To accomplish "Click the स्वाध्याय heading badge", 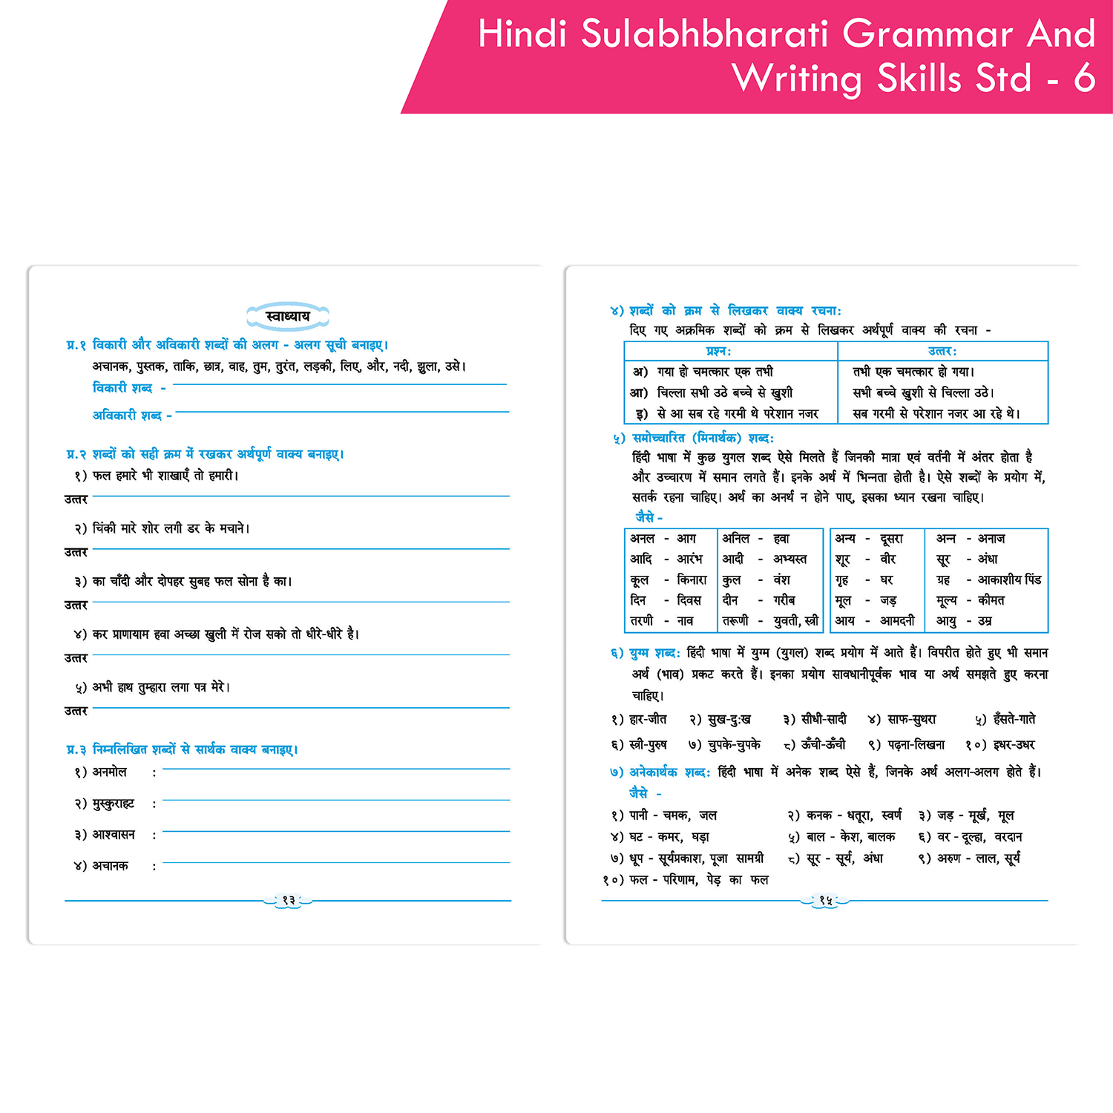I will pyautogui.click(x=288, y=316).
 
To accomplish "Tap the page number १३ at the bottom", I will pyautogui.click(x=288, y=901).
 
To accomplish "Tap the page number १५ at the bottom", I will pyautogui.click(x=825, y=901).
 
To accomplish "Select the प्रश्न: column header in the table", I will pyautogui.click(x=718, y=351).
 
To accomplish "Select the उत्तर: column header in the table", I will pyautogui.click(x=942, y=351).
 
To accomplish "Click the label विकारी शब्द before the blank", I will pyautogui.click(x=122, y=388).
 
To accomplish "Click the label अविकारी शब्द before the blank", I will pyautogui.click(x=127, y=416).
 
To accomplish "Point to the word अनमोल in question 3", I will pyautogui.click(x=109, y=772).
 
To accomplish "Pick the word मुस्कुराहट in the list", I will pyautogui.click(x=114, y=804).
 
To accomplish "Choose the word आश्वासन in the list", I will pyautogui.click(x=114, y=835).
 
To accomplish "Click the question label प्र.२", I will pyautogui.click(x=76, y=454).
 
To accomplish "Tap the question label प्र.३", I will pyautogui.click(x=76, y=749).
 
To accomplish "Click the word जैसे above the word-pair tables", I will pyautogui.click(x=645, y=517).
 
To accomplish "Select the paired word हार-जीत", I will pyautogui.click(x=648, y=719).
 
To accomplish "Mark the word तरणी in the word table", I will pyautogui.click(x=642, y=620).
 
